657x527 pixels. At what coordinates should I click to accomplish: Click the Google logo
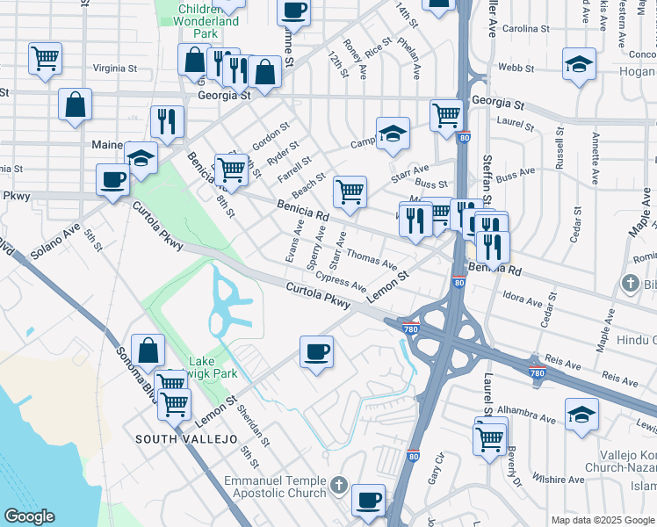pos(29,516)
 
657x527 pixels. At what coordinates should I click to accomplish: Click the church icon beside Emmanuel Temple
pos(339,484)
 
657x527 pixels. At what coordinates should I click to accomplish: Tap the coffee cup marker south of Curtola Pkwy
pos(316,352)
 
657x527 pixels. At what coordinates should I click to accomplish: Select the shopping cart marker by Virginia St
pos(45,58)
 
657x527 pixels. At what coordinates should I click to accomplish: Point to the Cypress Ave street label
pos(342,281)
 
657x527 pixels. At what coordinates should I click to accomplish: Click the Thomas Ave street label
pos(372,259)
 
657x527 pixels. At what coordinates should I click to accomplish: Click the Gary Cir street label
pos(435,473)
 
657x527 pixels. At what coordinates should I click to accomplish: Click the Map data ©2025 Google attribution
pos(602,519)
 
